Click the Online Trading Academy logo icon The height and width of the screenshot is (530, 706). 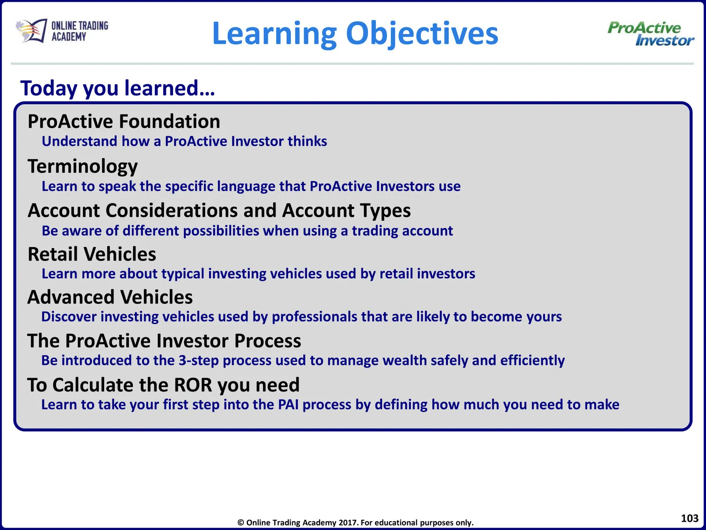click(x=31, y=31)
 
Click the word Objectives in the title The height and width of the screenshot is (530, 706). click(x=422, y=34)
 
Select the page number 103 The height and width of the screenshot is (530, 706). click(x=690, y=518)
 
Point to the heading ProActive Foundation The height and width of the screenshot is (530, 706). click(x=124, y=121)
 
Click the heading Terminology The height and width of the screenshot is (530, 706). click(x=83, y=167)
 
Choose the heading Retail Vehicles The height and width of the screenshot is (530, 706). click(x=92, y=254)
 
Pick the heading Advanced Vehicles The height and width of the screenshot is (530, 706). click(x=110, y=297)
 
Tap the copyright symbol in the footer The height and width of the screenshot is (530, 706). click(x=240, y=523)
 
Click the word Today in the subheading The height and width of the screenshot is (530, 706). click(x=49, y=89)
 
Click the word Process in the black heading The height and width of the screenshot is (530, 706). click(x=267, y=341)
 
